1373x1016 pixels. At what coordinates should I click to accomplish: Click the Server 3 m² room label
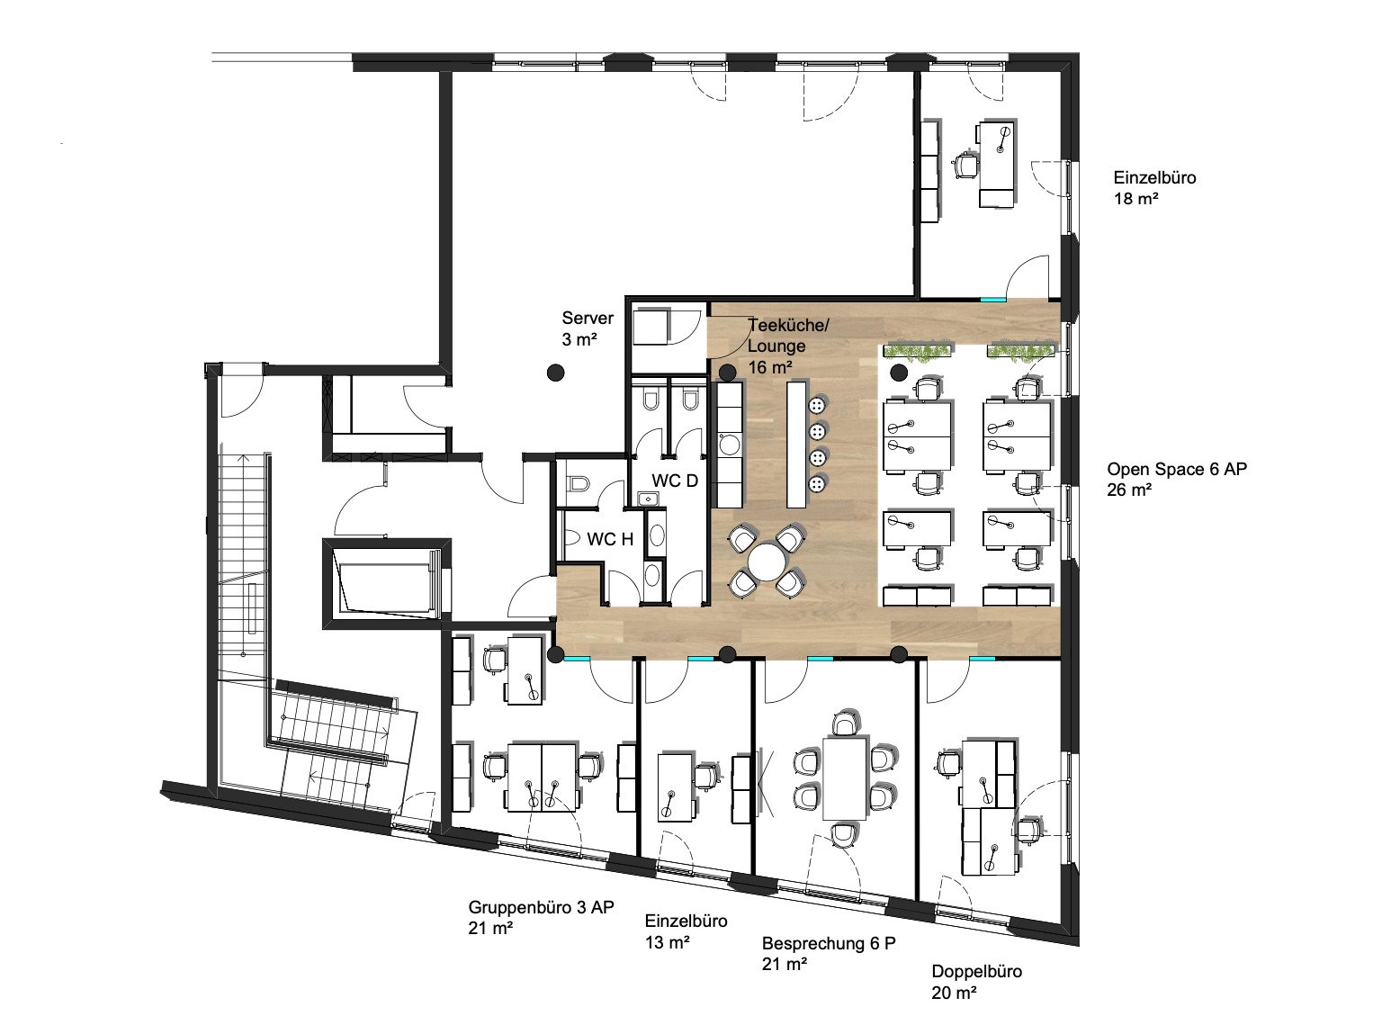[588, 328]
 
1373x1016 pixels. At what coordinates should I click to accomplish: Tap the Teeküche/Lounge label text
[787, 335]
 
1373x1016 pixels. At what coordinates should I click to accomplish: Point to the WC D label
[675, 481]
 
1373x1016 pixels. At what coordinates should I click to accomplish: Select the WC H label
[610, 539]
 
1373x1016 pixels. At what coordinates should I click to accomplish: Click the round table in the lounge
[767, 562]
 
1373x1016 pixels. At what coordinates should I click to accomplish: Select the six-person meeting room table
[845, 778]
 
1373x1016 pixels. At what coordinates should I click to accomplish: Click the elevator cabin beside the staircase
[387, 584]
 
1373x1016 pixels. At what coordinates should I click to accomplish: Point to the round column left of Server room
[556, 373]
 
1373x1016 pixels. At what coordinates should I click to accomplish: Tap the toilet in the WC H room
[578, 483]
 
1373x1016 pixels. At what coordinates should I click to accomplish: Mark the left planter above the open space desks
[918, 351]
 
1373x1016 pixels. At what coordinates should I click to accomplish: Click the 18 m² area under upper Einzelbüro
[1135, 199]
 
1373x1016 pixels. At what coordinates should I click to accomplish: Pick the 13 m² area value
[668, 942]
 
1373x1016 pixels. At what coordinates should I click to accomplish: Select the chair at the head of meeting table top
[845, 723]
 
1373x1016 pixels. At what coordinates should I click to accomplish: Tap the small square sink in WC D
[648, 498]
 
